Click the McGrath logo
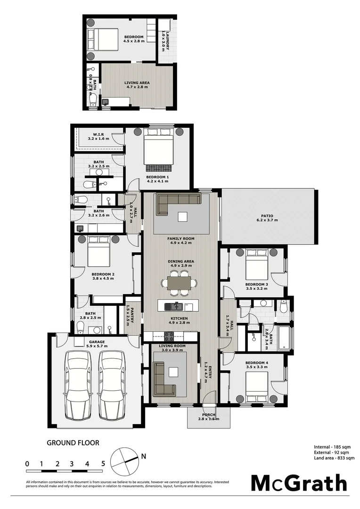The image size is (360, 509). tap(298, 483)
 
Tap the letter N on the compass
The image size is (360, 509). tap(144, 456)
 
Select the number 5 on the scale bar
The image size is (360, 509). tap(103, 464)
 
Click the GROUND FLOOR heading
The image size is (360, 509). tap(73, 443)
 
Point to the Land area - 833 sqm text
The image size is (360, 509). tap(334, 458)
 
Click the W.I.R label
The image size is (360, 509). tap(98, 134)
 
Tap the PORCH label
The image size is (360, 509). tap(209, 414)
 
